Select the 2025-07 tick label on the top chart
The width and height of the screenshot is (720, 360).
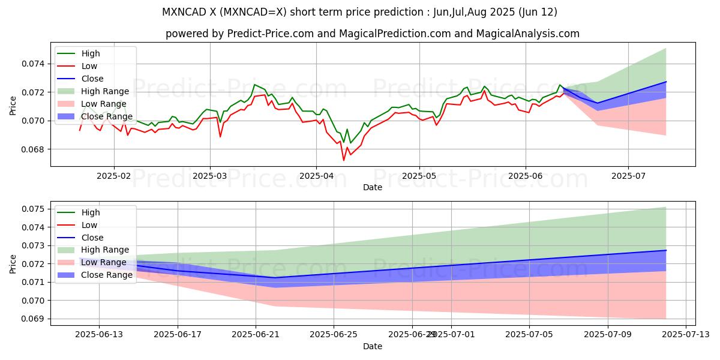(628, 176)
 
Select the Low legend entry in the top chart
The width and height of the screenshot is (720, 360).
(90, 66)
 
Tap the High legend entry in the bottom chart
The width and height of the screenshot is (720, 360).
(91, 212)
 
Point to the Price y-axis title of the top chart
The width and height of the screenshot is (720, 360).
(13, 106)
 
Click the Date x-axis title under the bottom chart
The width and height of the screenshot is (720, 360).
(373, 346)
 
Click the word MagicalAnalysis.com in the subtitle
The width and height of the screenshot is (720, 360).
(528, 34)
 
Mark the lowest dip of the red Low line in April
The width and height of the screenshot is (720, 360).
(344, 160)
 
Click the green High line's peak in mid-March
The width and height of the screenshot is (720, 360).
(255, 84)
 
